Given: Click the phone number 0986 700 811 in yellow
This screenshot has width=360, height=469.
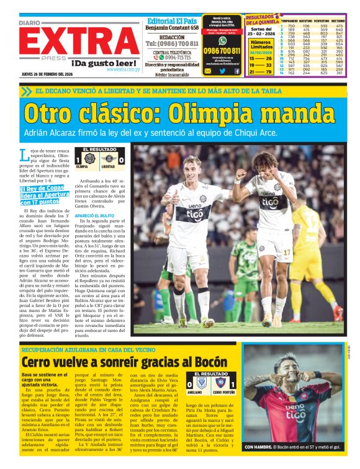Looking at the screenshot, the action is tap(222, 50).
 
